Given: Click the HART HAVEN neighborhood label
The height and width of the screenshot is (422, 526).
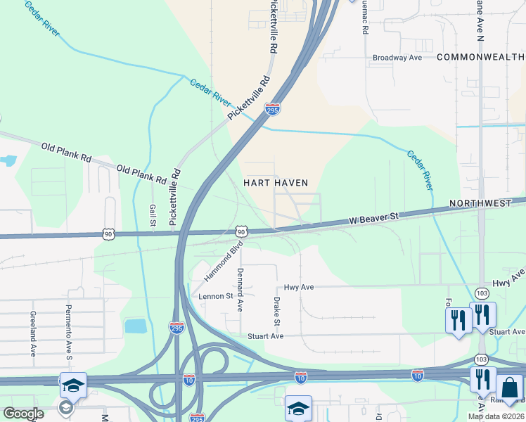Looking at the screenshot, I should (276, 183).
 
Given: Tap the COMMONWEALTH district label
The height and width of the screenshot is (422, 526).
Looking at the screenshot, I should (480, 57).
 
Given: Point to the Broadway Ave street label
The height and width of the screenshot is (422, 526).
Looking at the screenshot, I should (397, 57).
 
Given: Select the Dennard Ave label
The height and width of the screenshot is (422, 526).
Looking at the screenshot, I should (240, 289).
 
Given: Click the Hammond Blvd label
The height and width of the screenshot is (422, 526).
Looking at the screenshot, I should (224, 262).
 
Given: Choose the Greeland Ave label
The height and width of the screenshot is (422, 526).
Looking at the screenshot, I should (32, 334).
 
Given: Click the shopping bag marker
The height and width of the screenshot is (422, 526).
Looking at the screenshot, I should (508, 387).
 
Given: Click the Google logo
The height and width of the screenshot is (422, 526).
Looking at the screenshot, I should (24, 413).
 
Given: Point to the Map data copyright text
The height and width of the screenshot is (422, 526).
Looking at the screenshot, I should (496, 416).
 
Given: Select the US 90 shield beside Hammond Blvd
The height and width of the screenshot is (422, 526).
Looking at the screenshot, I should (241, 231).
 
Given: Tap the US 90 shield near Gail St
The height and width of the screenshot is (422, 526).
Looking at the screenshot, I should (108, 233).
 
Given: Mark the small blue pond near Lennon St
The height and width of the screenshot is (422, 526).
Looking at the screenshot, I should (135, 326).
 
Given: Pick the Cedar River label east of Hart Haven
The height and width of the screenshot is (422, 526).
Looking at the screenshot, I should (418, 170).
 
